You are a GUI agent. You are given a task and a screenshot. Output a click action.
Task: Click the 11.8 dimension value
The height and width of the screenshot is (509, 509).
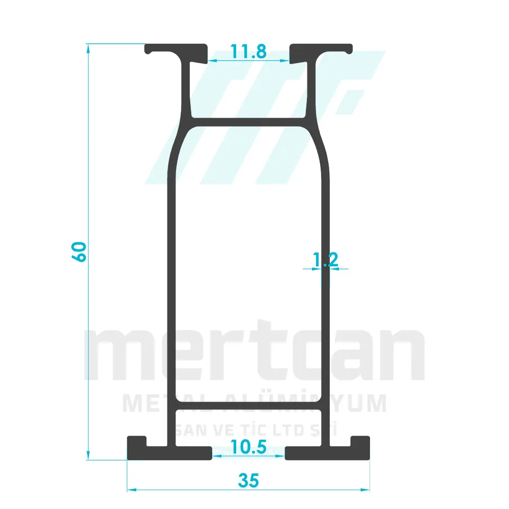(248, 51)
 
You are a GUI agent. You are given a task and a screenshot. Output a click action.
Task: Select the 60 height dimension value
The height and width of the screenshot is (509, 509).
(79, 251)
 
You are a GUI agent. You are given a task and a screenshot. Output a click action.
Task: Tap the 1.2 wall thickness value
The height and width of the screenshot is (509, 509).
(325, 260)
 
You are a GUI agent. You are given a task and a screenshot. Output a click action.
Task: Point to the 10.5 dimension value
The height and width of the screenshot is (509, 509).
(248, 447)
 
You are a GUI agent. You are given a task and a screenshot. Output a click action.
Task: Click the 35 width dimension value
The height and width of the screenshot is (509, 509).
(248, 479)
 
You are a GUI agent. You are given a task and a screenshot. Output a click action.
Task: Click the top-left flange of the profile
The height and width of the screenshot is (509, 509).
(176, 49)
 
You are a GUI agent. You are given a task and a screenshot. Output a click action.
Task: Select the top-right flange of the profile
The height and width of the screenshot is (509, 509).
(321, 49)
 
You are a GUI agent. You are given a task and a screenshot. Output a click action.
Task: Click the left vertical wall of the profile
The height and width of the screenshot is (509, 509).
(171, 280)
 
